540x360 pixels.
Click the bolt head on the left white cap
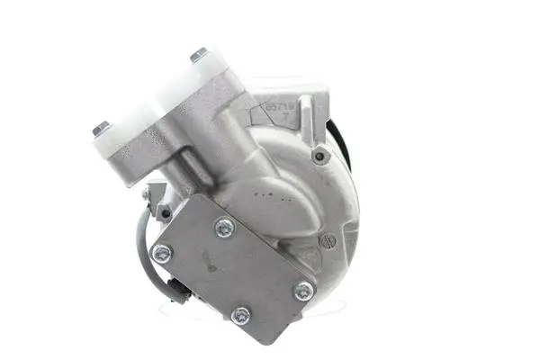101,128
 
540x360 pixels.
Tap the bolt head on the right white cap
198,55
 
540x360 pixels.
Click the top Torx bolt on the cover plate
224,229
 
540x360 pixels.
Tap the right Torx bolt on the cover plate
304,290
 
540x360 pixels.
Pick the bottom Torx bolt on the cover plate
241,316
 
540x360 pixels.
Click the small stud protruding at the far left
145,193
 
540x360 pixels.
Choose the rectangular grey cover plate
234,270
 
